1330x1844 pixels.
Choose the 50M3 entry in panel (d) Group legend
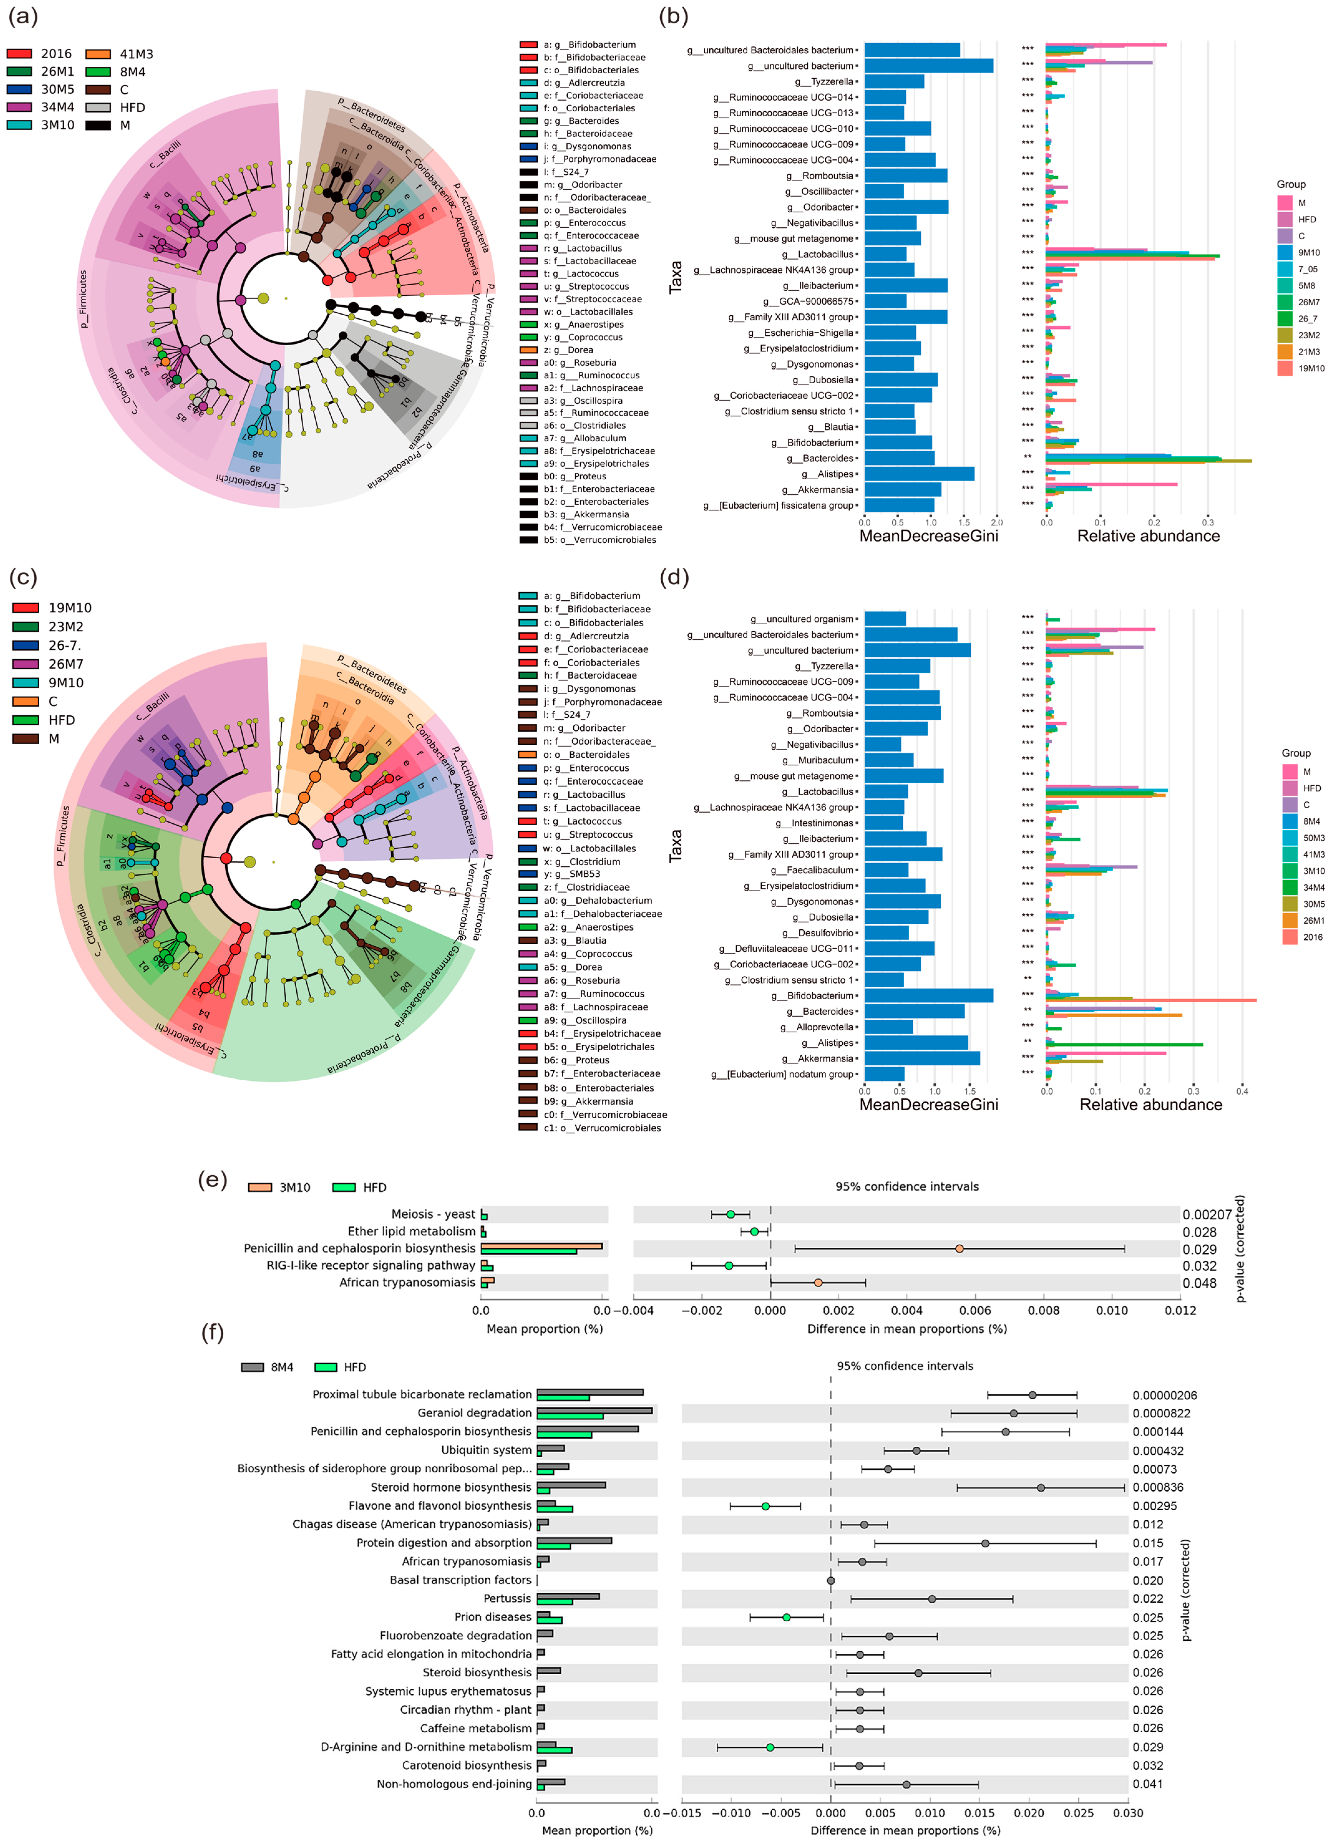(x=1313, y=837)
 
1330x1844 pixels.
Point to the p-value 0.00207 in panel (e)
(x=1206, y=1215)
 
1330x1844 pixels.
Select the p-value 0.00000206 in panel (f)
(x=1164, y=1395)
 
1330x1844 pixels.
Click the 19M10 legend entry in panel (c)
(x=70, y=607)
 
